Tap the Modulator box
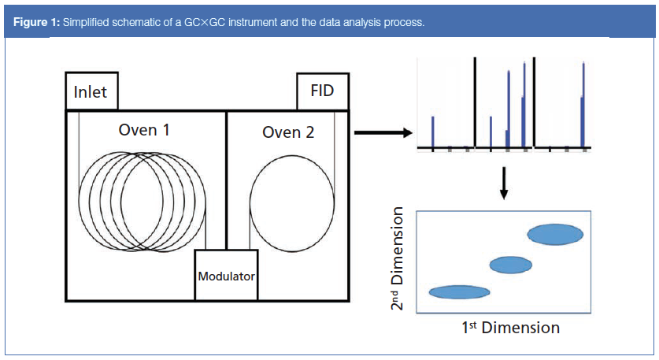[x=226, y=276]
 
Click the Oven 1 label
[x=144, y=130]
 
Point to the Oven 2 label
[x=288, y=132]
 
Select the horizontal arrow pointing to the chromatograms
[x=383, y=133]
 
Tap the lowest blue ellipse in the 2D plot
[x=459, y=292]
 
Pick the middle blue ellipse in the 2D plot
[x=510, y=265]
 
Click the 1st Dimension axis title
[x=510, y=327]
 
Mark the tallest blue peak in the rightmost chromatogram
[x=583, y=102]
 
